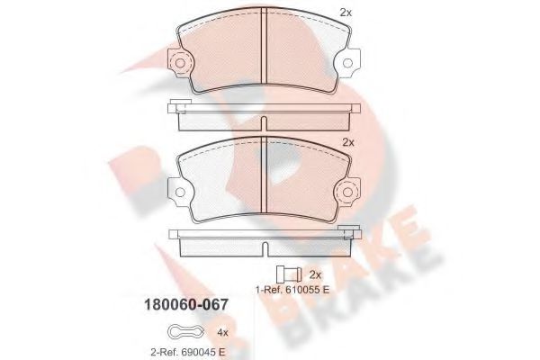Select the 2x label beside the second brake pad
coord(349,143)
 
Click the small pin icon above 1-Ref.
coord(288,274)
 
